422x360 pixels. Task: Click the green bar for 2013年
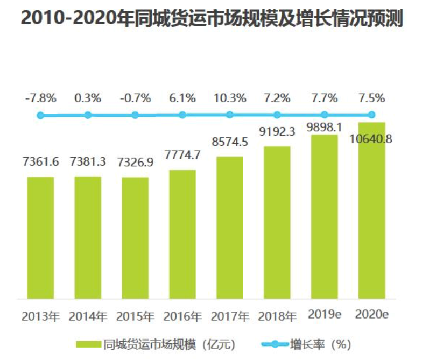(40, 237)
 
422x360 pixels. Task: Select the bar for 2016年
(182, 234)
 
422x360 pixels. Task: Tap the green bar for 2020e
(371, 210)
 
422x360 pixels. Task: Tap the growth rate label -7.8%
(40, 98)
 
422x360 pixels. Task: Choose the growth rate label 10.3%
(230, 98)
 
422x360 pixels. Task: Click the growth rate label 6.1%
(182, 98)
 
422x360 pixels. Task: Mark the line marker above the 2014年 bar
(88, 115)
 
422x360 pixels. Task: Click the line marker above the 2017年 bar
(230, 115)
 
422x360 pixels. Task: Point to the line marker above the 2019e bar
(324, 115)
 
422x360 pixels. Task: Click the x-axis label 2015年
(135, 316)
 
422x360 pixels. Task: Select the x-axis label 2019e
(323, 314)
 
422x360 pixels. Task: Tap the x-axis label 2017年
(230, 316)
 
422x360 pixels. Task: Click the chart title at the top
(211, 19)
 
